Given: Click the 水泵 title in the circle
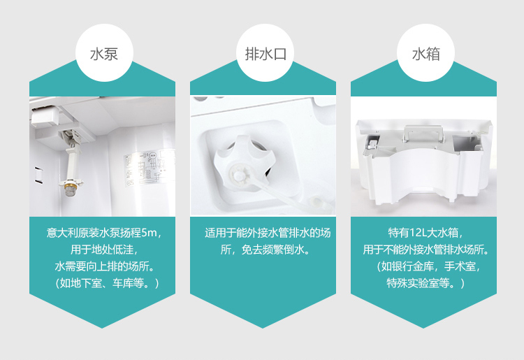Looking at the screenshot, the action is point(104,54).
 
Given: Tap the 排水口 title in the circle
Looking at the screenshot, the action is point(265,54).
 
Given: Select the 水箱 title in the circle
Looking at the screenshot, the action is point(425,54).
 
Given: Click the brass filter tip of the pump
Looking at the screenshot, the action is point(71,189).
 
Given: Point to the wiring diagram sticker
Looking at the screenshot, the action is point(150,168).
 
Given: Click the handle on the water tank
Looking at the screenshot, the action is point(423,133).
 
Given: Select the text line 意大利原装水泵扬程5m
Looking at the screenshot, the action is point(104,233).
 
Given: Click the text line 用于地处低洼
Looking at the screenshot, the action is point(104,250).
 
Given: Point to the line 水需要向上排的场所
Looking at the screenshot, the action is point(104,267).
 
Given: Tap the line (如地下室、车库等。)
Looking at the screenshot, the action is point(105,283).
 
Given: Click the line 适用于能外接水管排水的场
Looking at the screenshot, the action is point(268,233).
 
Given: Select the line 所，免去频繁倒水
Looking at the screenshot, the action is point(265,250).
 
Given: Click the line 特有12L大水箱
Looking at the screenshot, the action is point(425,233).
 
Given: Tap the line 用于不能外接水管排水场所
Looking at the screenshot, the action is point(425,250).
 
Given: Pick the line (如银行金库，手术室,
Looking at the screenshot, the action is point(428,267).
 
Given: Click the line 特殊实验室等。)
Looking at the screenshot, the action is point(425,283).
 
